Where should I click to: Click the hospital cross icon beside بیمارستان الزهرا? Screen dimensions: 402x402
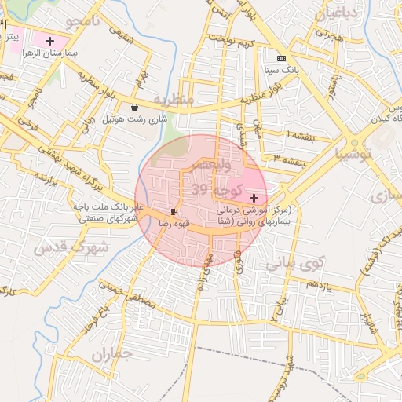pyautogui.click(x=50, y=40)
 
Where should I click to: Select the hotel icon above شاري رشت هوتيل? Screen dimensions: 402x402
pyautogui.click(x=136, y=107)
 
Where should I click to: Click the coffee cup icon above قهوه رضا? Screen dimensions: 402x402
pyautogui.click(x=174, y=211)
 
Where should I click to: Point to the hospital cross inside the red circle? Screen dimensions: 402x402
pyautogui.click(x=254, y=196)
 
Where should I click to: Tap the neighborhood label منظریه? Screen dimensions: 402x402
pyautogui.click(x=173, y=100)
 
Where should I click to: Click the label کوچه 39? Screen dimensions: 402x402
pyautogui.click(x=217, y=191)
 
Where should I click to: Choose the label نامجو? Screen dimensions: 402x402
pyautogui.click(x=81, y=21)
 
